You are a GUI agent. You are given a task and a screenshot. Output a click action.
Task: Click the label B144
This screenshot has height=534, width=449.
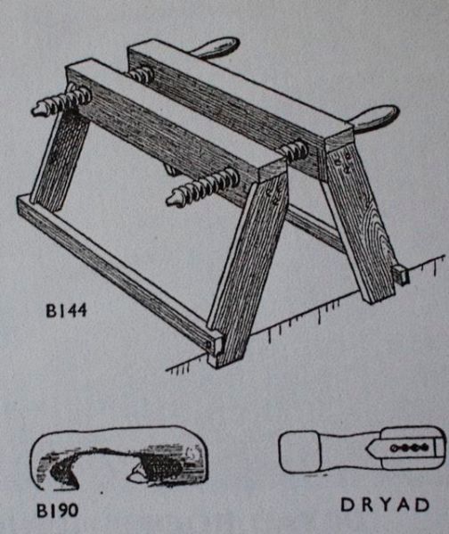point(67,310)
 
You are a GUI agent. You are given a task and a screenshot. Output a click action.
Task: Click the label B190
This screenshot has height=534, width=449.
point(57,510)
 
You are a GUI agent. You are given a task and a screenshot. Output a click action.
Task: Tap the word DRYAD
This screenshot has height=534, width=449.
point(385,505)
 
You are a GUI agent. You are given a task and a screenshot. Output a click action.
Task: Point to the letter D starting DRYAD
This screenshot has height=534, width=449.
point(347,505)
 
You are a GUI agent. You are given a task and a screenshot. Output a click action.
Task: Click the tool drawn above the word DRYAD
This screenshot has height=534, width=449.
point(363,449)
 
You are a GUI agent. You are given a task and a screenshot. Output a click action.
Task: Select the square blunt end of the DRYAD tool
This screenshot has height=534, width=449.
point(299,451)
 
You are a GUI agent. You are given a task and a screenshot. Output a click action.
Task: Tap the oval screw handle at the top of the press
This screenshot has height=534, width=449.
point(215,47)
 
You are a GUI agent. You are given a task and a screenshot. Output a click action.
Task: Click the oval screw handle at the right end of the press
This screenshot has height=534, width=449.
point(374,117)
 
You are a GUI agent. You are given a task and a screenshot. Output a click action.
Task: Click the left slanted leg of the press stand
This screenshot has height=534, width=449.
point(61,160)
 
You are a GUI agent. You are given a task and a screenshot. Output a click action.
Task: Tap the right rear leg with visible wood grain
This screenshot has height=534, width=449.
point(361,221)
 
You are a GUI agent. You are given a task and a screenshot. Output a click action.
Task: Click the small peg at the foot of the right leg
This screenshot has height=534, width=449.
point(402,275)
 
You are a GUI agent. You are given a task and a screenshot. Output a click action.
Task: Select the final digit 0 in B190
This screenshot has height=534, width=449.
point(72,510)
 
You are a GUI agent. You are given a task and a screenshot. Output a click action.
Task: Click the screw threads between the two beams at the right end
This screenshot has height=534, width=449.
point(295,150)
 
